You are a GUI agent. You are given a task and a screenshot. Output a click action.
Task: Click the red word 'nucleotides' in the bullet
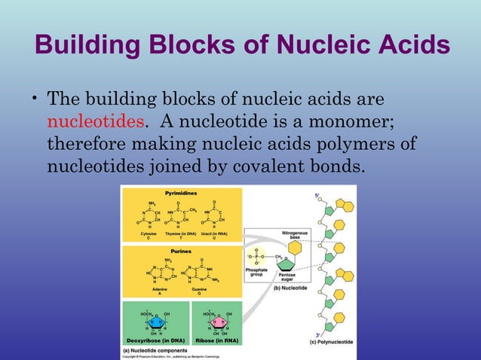pos(95,122)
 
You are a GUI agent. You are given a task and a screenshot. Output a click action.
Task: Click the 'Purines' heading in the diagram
pos(181,251)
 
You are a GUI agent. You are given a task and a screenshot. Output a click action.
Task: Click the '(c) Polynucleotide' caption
pos(332,343)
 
